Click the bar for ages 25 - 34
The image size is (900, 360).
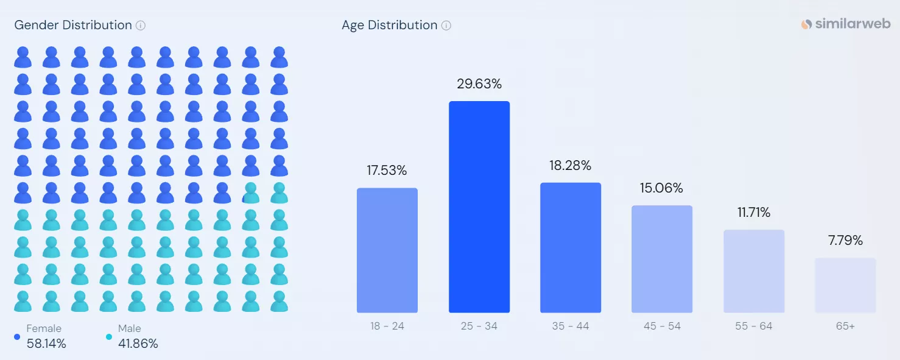[479, 207]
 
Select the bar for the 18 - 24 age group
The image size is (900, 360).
[387, 250]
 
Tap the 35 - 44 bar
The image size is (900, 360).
[571, 247]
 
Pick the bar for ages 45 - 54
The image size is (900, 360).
[662, 259]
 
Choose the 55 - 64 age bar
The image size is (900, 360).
[754, 271]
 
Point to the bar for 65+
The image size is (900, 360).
[845, 285]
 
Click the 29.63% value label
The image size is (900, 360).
[479, 84]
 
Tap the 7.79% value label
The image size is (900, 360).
[845, 240]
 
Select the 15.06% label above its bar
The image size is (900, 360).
[661, 188]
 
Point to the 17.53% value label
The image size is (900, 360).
[387, 171]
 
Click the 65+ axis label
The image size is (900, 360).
[845, 326]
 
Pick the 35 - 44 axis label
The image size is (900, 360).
[570, 326]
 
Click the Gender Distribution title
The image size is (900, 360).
[73, 26]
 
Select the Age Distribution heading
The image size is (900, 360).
[389, 26]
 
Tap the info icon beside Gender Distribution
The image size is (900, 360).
[141, 26]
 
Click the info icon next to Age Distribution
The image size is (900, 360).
[446, 26]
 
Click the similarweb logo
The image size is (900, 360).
[846, 24]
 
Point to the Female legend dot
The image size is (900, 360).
[17, 337]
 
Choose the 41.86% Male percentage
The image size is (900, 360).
[138, 344]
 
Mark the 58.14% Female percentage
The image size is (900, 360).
[46, 344]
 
